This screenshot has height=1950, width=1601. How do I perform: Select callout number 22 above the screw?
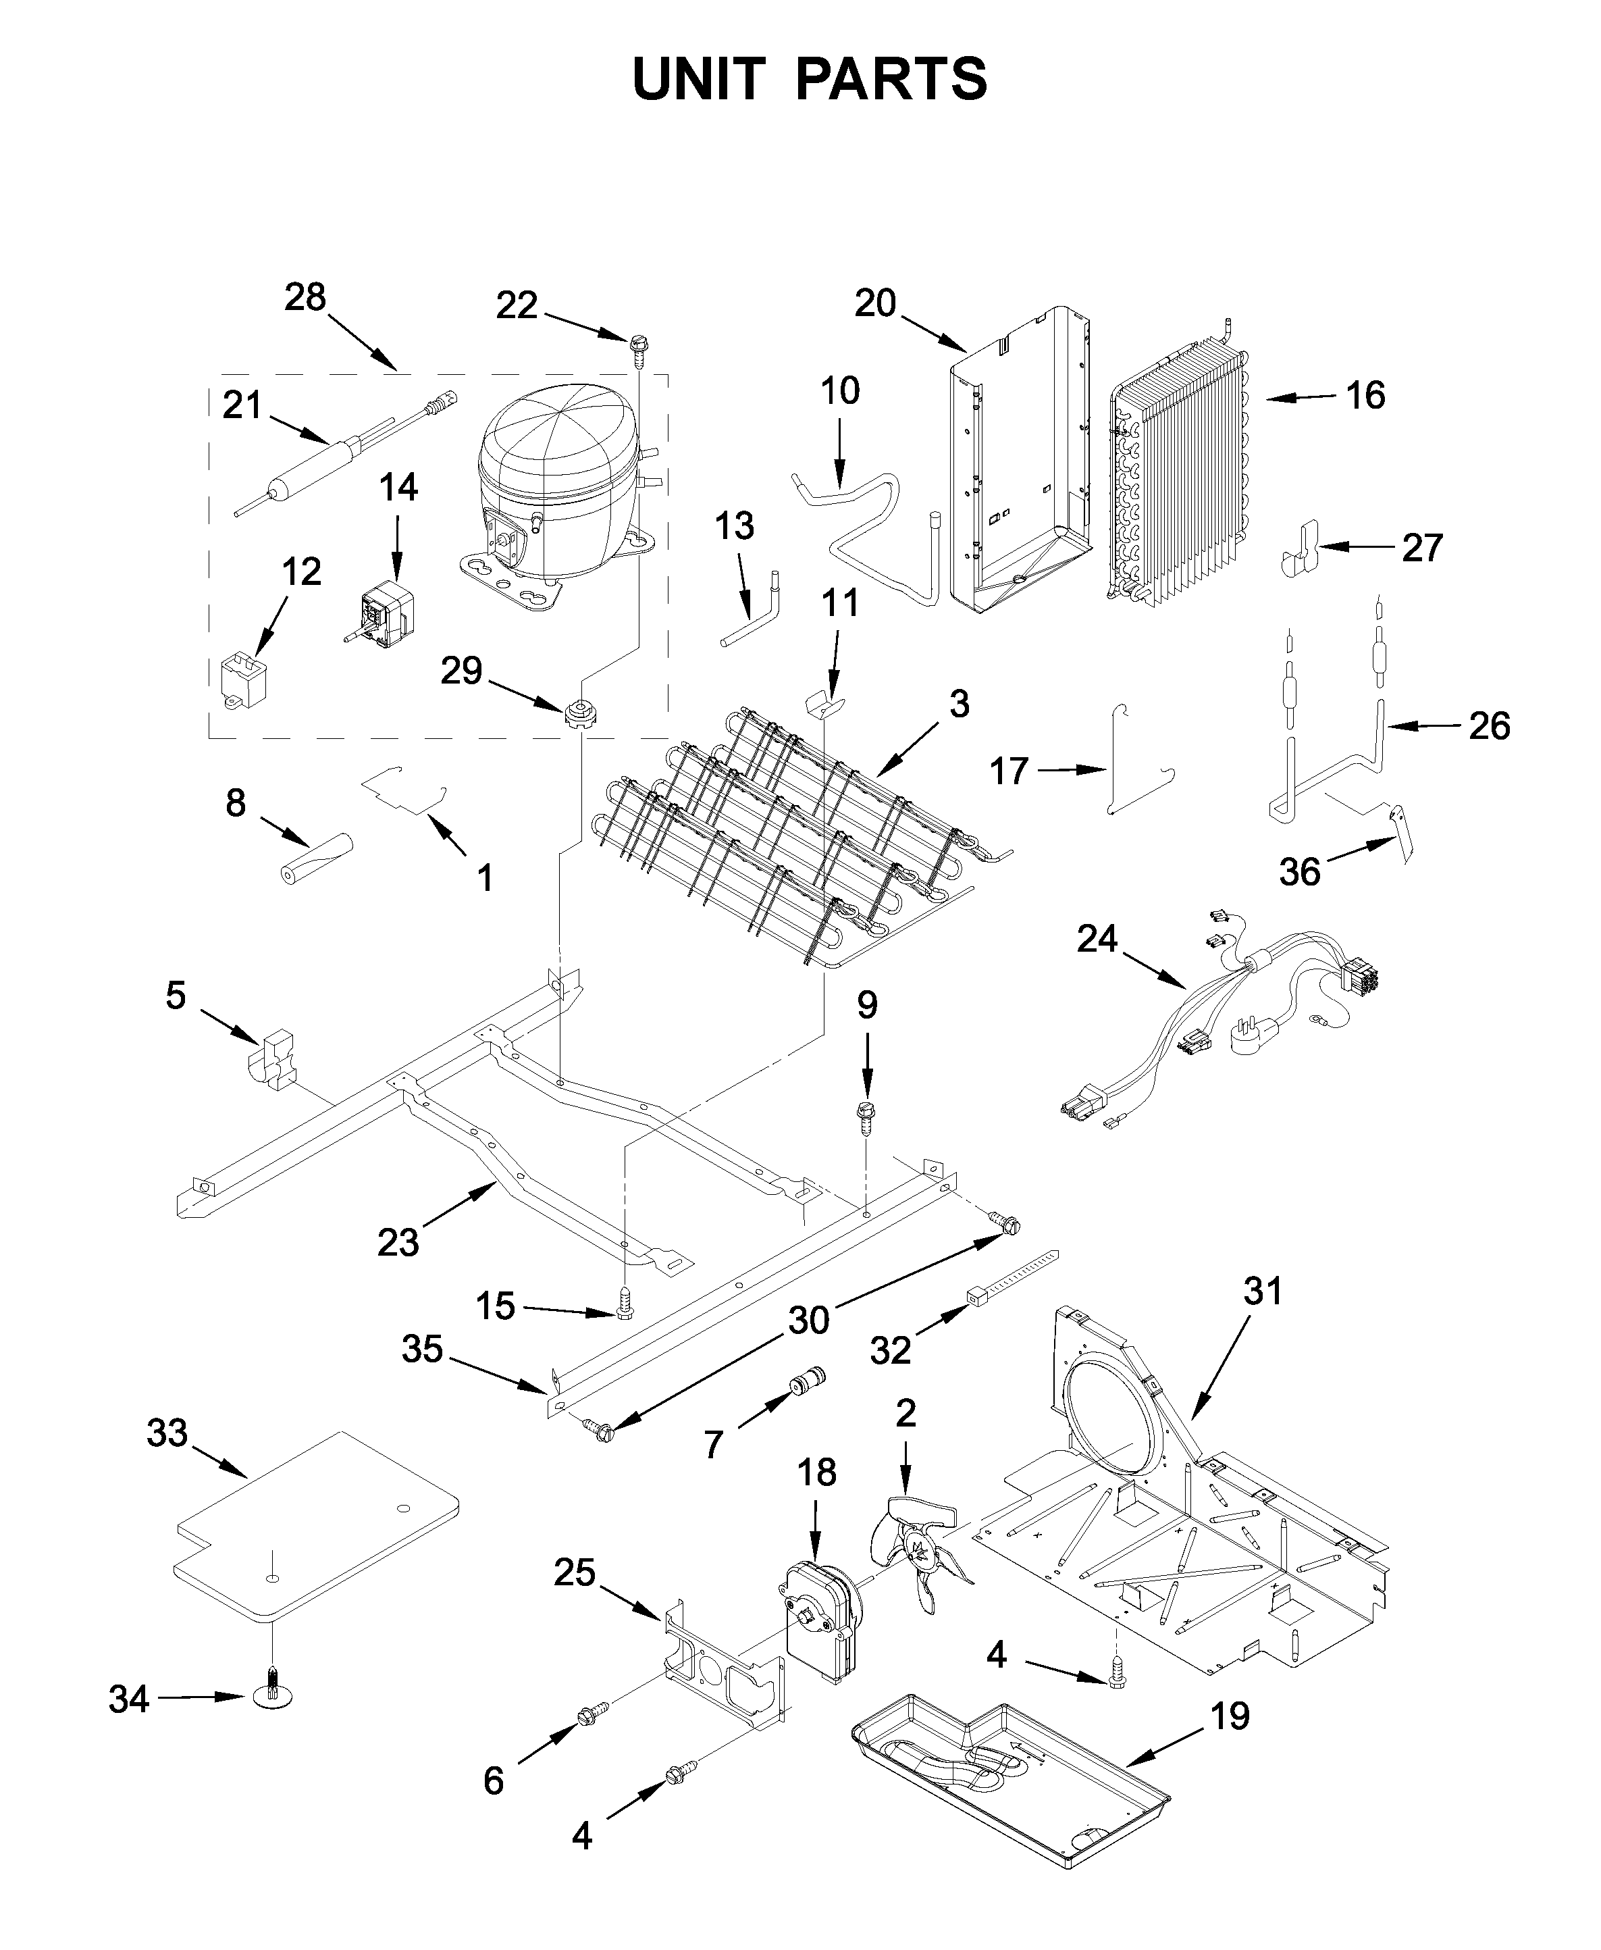coord(517,305)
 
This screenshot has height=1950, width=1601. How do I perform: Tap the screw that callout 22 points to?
coord(636,345)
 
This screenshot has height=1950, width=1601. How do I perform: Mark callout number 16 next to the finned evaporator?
coord(1365,396)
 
